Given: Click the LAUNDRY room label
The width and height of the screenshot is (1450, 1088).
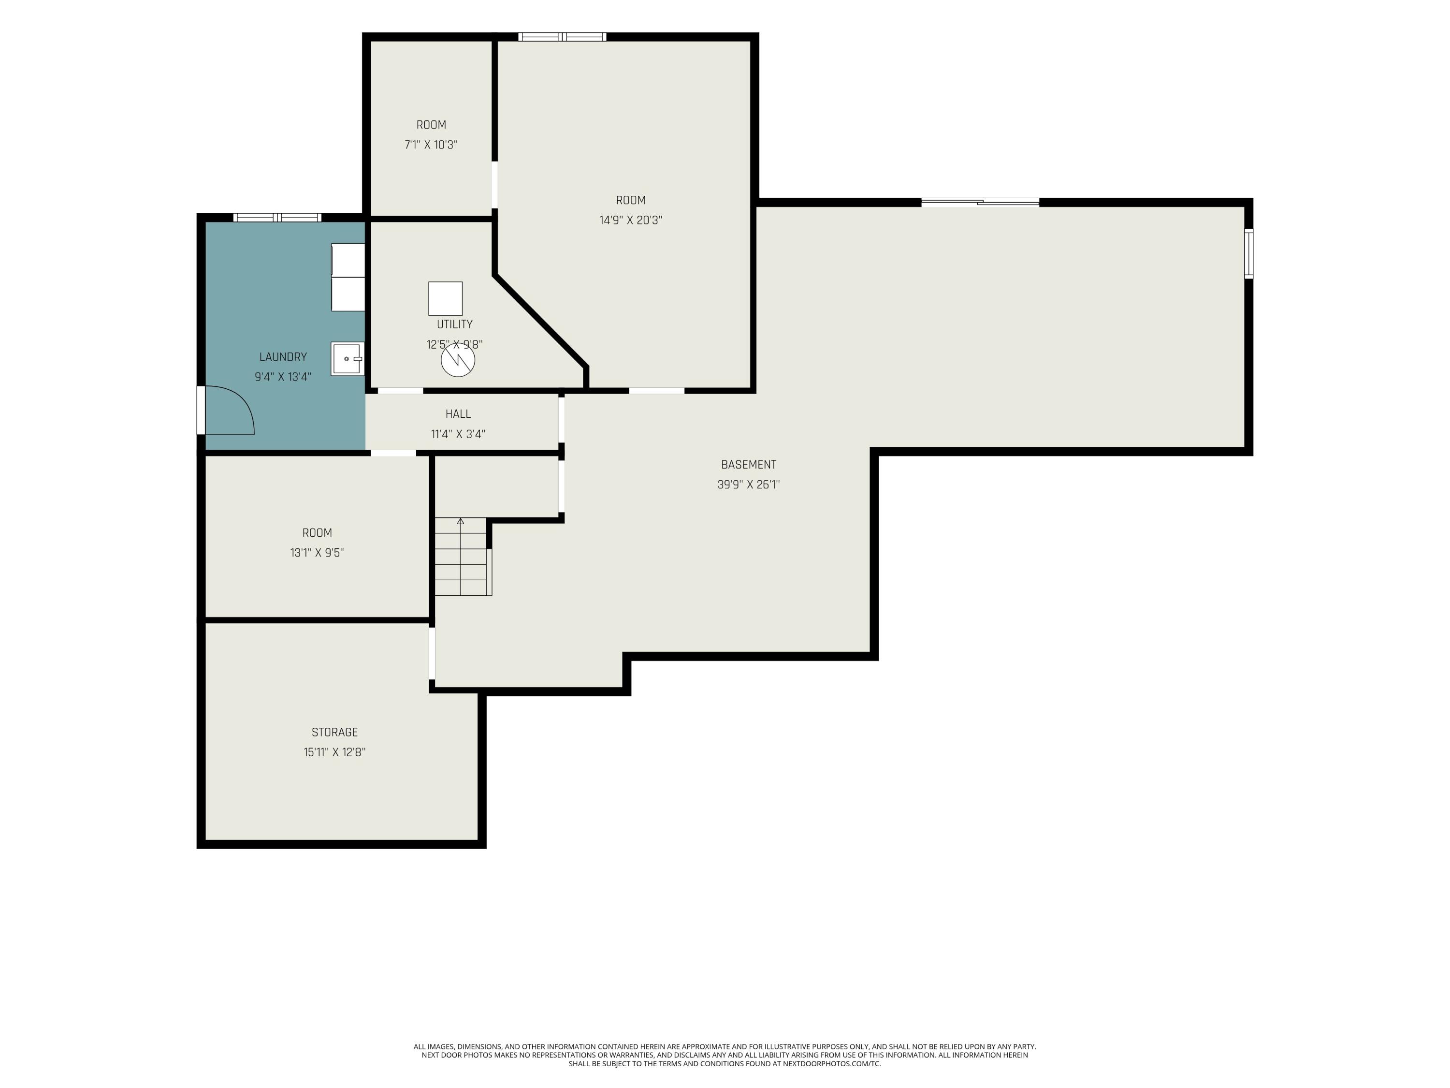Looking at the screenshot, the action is (x=283, y=357).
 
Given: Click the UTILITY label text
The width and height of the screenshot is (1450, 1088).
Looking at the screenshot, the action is (x=454, y=324).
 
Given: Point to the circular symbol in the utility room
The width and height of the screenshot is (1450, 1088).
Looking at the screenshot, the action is (x=458, y=360).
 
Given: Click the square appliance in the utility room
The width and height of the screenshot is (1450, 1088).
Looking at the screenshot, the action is (x=445, y=298).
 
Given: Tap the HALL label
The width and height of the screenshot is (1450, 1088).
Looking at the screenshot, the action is (x=458, y=414).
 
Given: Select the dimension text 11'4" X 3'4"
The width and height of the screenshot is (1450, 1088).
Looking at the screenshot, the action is (x=458, y=433).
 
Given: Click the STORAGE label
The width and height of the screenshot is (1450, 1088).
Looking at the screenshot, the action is (x=334, y=732).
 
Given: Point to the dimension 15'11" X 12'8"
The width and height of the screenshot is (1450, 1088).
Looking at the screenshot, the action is (x=334, y=752).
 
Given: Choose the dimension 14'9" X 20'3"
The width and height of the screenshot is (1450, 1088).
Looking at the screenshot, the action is (x=631, y=221).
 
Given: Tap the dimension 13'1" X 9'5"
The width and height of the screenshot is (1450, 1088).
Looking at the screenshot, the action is (x=317, y=553).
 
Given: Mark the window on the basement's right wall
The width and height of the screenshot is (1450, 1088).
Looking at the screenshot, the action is (x=1249, y=253).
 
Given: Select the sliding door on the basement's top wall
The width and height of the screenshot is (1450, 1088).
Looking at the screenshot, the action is (x=980, y=202).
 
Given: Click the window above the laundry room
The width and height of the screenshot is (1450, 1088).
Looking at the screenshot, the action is (x=277, y=217).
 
